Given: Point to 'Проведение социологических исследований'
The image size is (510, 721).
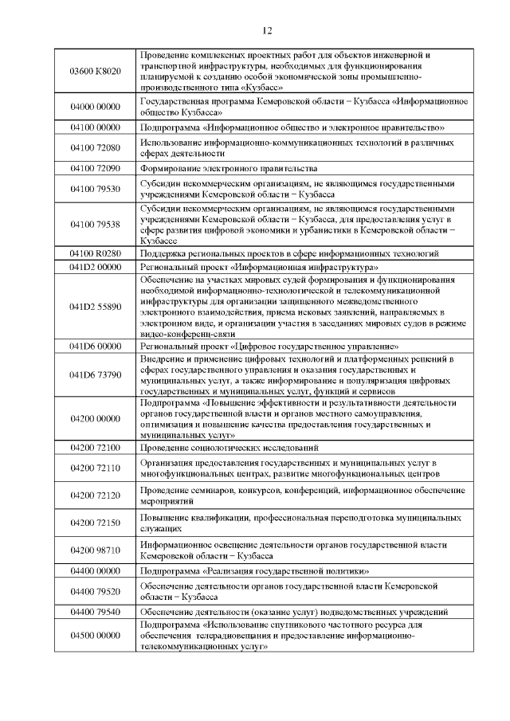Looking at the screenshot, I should coord(229,448).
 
